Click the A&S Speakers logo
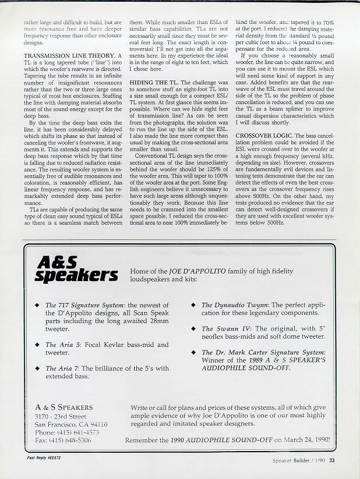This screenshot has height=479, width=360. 76,269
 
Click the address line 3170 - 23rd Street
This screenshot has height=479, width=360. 60,417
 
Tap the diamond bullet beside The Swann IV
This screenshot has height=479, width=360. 194,329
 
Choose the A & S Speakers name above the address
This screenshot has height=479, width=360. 63,407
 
